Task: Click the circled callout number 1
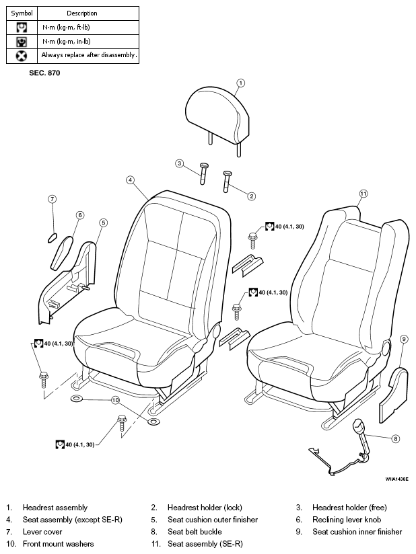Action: coord(240,83)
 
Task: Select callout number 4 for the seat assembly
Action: coord(131,180)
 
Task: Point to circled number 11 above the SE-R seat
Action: coord(363,194)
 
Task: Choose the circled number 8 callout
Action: coord(396,439)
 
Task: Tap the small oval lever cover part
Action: coord(52,238)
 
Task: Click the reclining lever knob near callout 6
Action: coord(62,253)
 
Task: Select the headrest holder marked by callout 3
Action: coord(204,173)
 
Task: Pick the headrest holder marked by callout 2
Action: coord(227,182)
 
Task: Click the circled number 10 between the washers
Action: coord(115,400)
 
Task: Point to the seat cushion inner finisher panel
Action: coord(394,395)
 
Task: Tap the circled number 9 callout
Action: coord(404,339)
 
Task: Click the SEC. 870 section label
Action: coord(44,73)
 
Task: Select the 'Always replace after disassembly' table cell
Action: coord(88,56)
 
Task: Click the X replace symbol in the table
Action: coord(22,56)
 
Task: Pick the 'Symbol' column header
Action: coord(22,13)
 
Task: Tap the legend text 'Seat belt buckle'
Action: coord(195,532)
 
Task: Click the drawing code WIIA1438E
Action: coord(397,479)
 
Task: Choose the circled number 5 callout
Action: coord(103,223)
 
